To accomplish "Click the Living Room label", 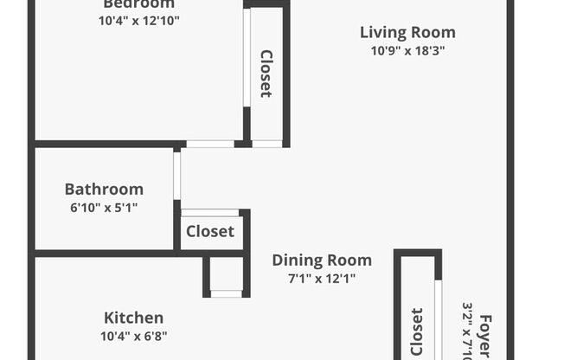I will [x=407, y=33].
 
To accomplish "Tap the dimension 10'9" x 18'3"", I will [x=407, y=51].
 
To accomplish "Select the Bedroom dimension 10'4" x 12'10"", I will [x=139, y=20].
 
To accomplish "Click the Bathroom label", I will [x=104, y=189].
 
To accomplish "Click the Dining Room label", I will [x=322, y=260].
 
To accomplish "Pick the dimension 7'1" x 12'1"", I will [x=322, y=279].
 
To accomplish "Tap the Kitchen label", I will [x=133, y=318].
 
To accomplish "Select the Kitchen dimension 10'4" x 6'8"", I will [x=133, y=336].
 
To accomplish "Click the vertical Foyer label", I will [x=485, y=336].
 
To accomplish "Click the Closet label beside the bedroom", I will [x=266, y=73].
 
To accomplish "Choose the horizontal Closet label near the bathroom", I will [x=210, y=231].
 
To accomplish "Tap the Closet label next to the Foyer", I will [x=417, y=331].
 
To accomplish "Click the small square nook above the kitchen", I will [x=227, y=275].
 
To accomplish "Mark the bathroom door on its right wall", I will [x=176, y=175].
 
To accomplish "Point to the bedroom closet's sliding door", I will [x=247, y=57].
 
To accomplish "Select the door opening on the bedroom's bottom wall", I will [x=210, y=144].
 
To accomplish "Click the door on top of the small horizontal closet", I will [x=210, y=212].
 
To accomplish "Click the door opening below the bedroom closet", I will [x=267, y=144].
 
